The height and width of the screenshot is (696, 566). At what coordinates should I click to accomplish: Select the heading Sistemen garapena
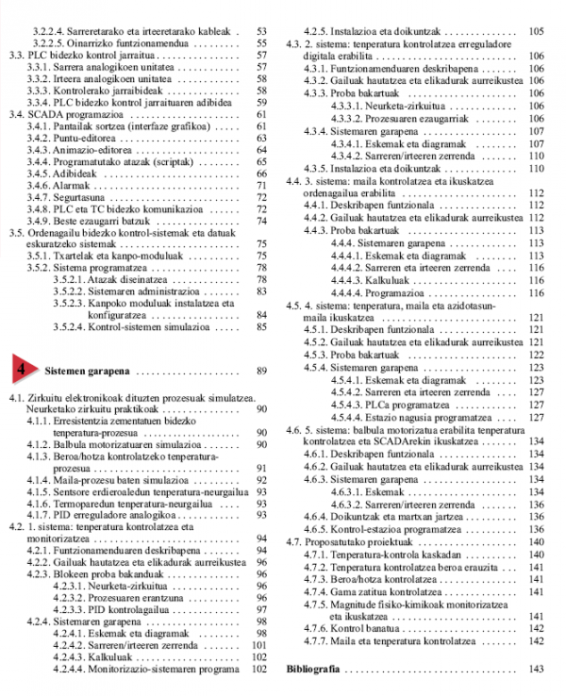point(88,371)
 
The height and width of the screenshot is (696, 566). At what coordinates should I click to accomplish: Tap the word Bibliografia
point(314,669)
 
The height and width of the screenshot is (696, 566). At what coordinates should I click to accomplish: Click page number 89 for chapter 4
point(261,371)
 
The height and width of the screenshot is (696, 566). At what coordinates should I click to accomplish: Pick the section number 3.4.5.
point(38,174)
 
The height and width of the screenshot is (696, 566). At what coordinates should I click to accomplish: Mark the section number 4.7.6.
point(314,627)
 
